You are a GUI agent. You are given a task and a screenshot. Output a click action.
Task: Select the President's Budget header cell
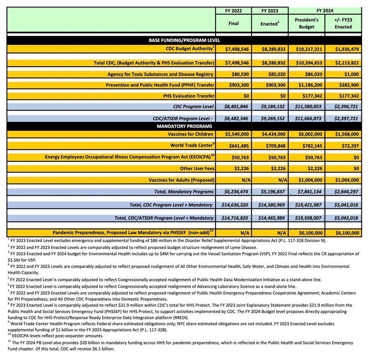coord(306,23)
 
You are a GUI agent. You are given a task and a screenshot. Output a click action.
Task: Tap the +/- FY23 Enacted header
coord(343,23)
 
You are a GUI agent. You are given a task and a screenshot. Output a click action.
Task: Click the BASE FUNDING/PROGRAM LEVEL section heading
coord(184,40)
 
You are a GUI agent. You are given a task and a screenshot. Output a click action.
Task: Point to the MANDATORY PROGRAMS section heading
coord(184,126)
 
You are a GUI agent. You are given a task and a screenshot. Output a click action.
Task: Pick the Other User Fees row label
coord(197,168)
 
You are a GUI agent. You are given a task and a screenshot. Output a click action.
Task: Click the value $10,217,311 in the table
coord(306,49)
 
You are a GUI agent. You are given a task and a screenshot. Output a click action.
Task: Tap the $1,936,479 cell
coord(343,49)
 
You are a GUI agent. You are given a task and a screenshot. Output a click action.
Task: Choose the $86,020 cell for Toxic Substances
coord(306,74)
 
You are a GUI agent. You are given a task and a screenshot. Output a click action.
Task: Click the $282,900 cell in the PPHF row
coord(343,85)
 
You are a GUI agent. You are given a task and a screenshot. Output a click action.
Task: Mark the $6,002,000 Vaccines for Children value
coord(306,134)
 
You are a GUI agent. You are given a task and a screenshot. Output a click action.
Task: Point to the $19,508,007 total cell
coord(306,218)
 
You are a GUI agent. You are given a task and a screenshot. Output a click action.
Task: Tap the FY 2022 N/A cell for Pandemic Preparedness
coord(233,233)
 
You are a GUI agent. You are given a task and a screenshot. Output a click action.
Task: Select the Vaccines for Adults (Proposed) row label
coord(182,180)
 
